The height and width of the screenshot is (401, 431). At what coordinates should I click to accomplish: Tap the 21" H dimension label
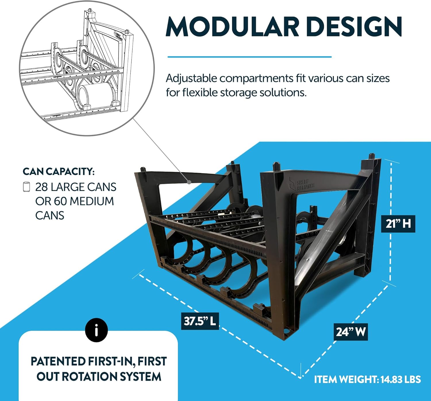coord(398,224)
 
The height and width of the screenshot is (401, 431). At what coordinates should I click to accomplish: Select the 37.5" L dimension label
coord(200,321)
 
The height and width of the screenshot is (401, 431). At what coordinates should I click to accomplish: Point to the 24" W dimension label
coord(351,332)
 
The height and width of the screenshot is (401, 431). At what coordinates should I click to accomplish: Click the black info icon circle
coord(96,330)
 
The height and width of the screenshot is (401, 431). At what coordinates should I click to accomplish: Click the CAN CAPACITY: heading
coord(59,171)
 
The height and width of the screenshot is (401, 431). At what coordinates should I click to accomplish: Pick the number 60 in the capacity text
coord(60,201)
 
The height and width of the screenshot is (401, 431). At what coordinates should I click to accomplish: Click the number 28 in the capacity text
coord(41,187)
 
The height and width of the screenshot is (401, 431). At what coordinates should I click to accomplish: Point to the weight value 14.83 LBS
coord(401,379)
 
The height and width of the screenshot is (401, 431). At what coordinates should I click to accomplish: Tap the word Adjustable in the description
coord(191,79)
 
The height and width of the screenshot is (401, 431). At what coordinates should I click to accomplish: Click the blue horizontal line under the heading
coord(249,57)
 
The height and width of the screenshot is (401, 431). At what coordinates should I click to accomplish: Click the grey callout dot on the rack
coord(189,182)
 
